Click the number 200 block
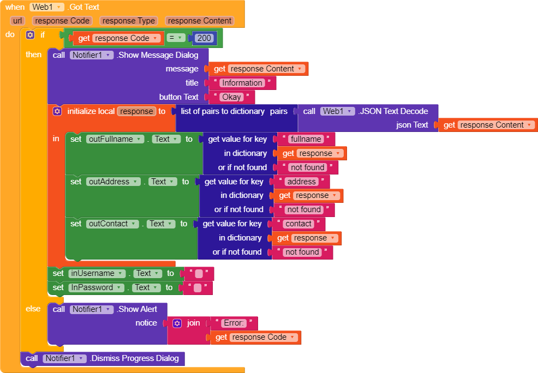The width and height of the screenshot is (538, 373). click(204, 38)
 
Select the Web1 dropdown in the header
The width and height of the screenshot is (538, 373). click(47, 7)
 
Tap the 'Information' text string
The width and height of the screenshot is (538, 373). click(242, 83)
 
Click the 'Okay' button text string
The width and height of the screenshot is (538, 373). click(231, 97)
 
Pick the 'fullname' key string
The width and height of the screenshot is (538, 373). click(306, 139)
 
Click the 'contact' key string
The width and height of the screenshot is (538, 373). click(298, 224)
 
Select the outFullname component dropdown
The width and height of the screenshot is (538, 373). click(115, 139)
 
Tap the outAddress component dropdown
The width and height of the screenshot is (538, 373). click(113, 182)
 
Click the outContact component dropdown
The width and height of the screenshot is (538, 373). click(112, 224)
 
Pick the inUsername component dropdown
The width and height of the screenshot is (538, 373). click(97, 273)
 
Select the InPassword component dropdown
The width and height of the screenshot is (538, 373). click(96, 287)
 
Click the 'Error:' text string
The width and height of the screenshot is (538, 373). click(234, 323)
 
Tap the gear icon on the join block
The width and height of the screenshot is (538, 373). click(177, 323)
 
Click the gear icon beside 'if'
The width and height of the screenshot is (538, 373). click(30, 34)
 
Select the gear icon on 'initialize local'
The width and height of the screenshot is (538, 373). click(57, 111)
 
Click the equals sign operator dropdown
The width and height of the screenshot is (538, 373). click(176, 38)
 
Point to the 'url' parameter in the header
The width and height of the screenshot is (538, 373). click(17, 21)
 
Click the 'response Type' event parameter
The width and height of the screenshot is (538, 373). click(129, 21)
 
